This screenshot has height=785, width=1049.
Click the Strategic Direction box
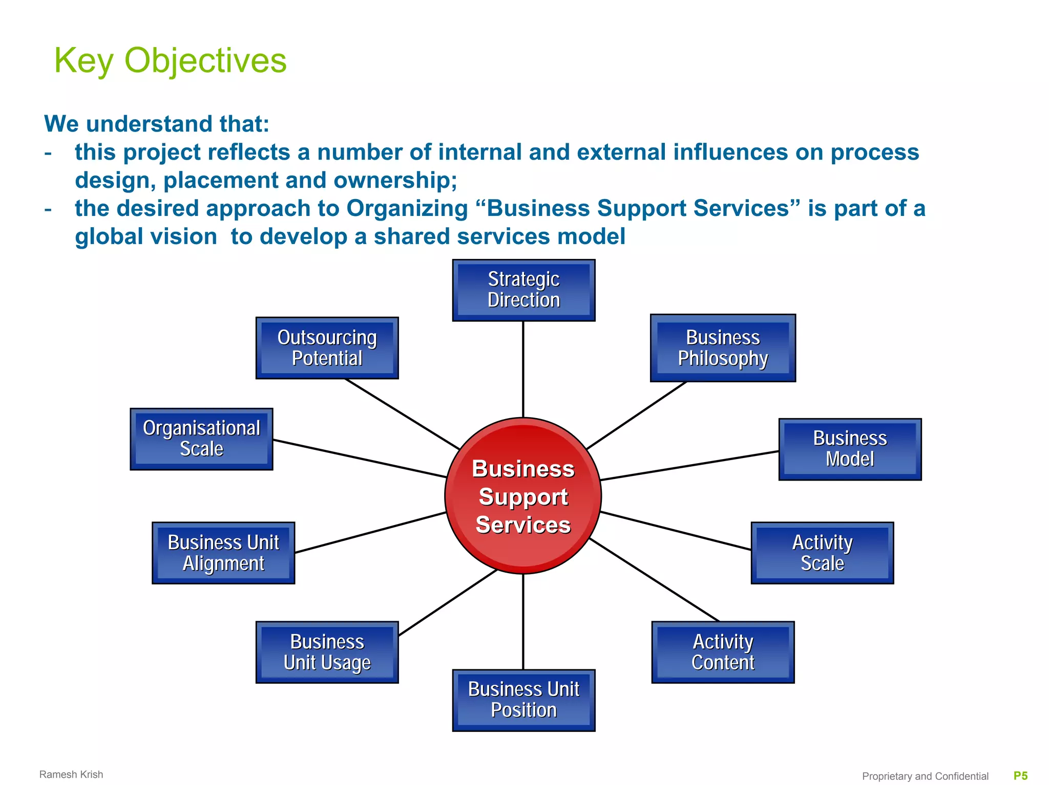pyautogui.click(x=523, y=290)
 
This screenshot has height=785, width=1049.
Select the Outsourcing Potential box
pyautogui.click(x=327, y=348)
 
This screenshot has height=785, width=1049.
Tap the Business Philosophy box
pyautogui.click(x=723, y=348)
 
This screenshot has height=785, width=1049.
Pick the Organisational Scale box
pyautogui.click(x=201, y=439)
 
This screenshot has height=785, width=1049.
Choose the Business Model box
pyautogui.click(x=850, y=449)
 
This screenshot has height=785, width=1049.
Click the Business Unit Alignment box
pyautogui.click(x=223, y=553)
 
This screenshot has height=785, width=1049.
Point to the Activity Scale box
pyautogui.click(x=822, y=553)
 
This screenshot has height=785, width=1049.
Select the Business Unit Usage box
pyautogui.click(x=327, y=652)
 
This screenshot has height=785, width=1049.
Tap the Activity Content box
pyautogui.click(x=723, y=652)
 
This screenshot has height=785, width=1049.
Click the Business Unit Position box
pyautogui.click(x=523, y=700)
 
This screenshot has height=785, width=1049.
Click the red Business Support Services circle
pyautogui.click(x=523, y=496)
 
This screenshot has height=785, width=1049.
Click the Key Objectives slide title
pyautogui.click(x=170, y=60)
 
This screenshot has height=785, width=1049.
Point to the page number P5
pyautogui.click(x=1020, y=776)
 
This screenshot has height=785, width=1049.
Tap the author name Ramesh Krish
pyautogui.click(x=71, y=774)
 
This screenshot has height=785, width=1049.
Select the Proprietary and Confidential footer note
pyautogui.click(x=925, y=776)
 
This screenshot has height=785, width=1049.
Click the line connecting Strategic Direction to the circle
pyautogui.click(x=523, y=368)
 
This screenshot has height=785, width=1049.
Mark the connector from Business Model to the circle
pyautogui.click(x=689, y=466)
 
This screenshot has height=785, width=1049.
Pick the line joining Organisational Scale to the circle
pyautogui.click(x=359, y=459)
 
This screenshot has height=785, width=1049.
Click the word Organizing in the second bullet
pyautogui.click(x=407, y=208)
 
